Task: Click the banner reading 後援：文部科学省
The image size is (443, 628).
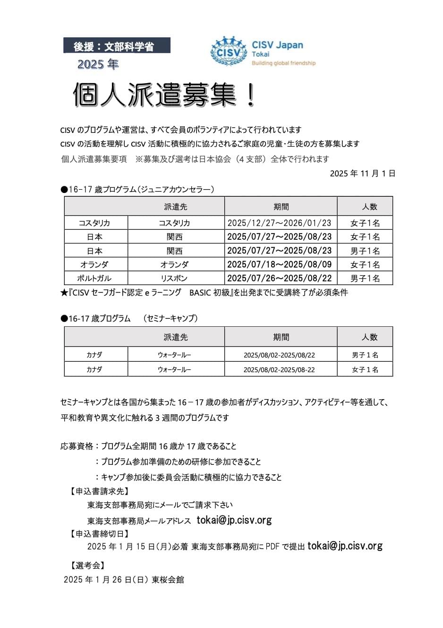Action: point(117,46)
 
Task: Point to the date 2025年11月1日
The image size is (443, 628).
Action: point(362,173)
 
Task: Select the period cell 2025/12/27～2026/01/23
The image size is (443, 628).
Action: point(280,223)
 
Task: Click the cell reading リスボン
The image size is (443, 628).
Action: point(174,278)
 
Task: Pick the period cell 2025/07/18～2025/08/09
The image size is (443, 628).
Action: point(280,264)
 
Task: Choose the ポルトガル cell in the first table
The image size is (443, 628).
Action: point(95,278)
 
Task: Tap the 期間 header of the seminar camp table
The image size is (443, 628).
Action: point(281,337)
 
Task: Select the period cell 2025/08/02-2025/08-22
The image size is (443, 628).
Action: point(280,369)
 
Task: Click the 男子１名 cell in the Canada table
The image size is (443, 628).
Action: point(365,355)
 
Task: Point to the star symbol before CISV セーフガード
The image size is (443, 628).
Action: point(64,293)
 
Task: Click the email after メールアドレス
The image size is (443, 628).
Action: point(234,520)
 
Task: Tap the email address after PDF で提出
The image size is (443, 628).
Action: point(345,546)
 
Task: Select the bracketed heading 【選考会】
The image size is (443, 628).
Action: point(87,565)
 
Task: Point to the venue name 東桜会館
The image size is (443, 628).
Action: point(168,579)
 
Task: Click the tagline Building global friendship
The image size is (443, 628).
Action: point(283,63)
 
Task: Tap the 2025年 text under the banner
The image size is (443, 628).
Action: point(98,63)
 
